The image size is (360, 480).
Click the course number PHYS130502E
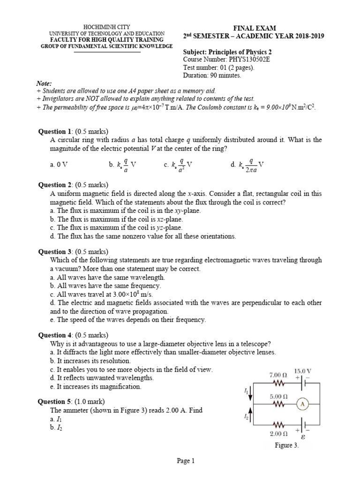point(249,60)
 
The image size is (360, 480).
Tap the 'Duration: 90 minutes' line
point(212,75)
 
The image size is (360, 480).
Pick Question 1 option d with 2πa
point(251,165)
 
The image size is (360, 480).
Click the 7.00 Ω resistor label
point(278,375)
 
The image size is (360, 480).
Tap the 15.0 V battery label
point(302,371)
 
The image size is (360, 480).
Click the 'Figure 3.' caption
point(286,446)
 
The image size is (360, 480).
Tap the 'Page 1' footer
point(186,461)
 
